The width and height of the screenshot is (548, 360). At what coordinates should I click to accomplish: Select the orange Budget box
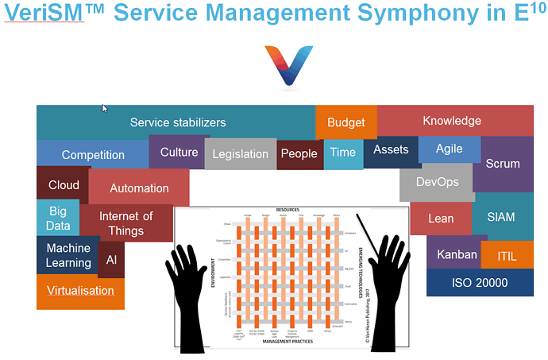pos(346,122)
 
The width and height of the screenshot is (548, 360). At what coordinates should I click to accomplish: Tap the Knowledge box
pos(453,120)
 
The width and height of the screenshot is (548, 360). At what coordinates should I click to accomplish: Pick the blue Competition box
pos(93,155)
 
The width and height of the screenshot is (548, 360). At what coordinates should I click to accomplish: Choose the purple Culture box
pos(179,152)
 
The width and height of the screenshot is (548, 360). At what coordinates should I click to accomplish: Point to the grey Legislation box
pos(240,154)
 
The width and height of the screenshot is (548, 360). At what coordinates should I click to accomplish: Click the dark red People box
pos(299,154)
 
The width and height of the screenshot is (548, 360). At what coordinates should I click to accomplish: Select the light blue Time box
pos(343,153)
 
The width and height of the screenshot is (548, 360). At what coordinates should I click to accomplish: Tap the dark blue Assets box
pos(391,151)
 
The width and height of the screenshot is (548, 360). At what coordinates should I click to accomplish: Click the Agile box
pos(450,149)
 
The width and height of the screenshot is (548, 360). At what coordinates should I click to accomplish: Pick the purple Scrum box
pos(503,165)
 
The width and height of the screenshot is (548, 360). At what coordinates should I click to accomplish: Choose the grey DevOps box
pos(438,183)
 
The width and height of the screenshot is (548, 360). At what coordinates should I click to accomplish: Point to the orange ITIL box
pos(507,256)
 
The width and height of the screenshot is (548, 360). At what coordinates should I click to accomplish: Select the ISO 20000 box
pos(480,283)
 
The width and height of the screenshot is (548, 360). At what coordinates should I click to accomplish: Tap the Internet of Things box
pos(127,223)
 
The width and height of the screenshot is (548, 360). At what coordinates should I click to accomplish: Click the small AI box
pos(111,260)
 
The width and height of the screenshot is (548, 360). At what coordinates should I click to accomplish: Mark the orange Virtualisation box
pos(80,291)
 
